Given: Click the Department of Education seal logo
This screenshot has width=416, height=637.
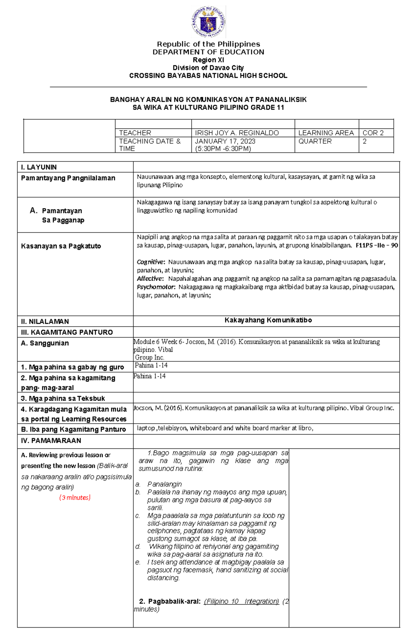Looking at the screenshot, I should tap(208, 22).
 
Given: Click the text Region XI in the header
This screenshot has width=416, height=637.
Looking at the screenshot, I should tap(208, 60).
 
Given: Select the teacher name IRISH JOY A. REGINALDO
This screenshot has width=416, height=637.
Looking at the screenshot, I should tap(237, 133).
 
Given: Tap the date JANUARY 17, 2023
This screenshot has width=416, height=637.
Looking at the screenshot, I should tap(225, 141).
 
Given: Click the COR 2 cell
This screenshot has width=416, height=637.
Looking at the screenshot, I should tap(373, 133).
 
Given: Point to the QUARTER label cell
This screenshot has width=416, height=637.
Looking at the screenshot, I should tap(315, 141).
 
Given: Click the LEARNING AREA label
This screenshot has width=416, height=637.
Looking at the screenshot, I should tap(326, 133).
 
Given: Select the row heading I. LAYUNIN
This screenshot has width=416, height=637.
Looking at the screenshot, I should tap(39, 167).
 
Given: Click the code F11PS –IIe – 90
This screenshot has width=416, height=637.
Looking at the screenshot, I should tap(377, 245).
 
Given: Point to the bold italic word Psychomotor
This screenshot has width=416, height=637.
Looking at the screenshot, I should tap(156, 287).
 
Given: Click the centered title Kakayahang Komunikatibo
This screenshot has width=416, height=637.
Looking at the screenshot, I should tap(268, 320).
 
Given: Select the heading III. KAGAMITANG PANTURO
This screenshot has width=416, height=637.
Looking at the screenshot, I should tap(67, 332).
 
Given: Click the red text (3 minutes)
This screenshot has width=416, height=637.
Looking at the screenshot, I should tap(75, 497).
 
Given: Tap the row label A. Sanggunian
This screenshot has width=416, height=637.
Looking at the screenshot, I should tap(45, 343).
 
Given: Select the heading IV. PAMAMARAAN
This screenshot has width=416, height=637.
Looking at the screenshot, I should tap(51, 441).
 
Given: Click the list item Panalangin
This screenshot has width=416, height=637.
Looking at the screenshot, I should tap(164, 484).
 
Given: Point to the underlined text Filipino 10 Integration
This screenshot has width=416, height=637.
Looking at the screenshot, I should tap(242, 601).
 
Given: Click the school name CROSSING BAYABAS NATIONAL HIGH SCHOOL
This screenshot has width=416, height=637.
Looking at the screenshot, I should tap(208, 76).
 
